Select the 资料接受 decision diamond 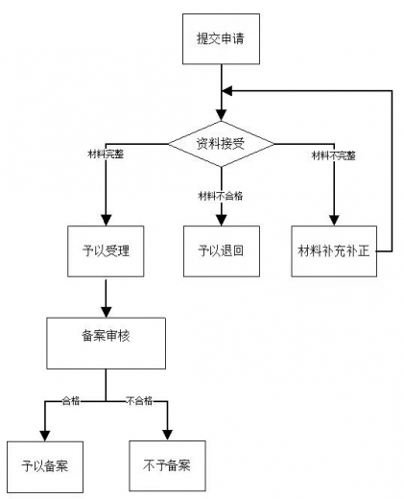coord(221,144)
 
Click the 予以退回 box coord(222,251)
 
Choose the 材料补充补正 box coord(333,251)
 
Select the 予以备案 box coord(44,466)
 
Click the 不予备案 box coord(167,466)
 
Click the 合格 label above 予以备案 coord(70,399)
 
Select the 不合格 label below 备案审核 coord(141,399)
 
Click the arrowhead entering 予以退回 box coord(222,220)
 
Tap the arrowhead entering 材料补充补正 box coord(333,220)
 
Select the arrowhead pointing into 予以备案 coord(44,435)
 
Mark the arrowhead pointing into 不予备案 coord(167,435)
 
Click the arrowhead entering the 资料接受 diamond coord(222,114)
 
